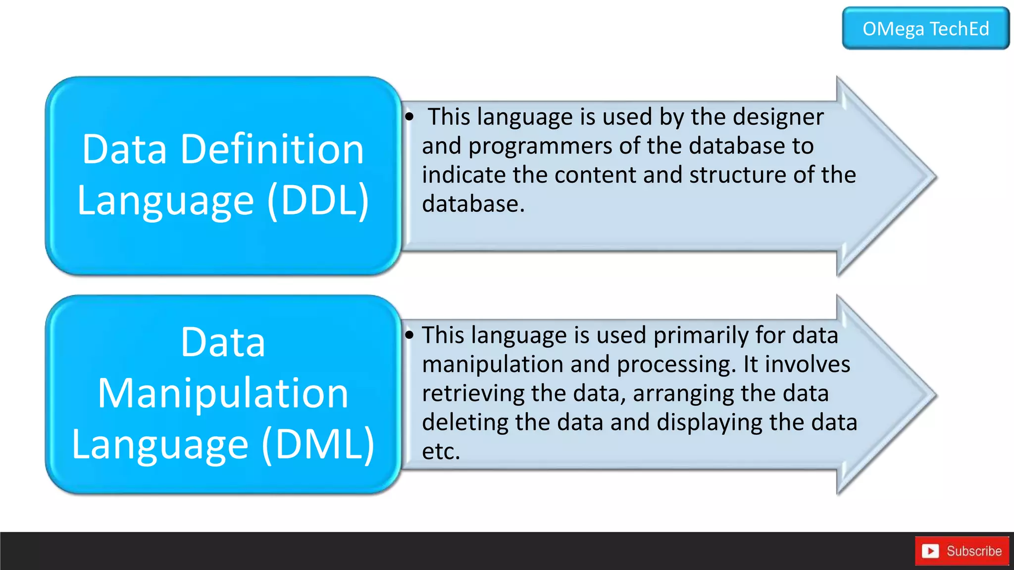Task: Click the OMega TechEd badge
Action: pyautogui.click(x=925, y=29)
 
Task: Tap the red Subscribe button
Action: pyautogui.click(x=962, y=551)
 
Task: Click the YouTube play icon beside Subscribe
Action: pyautogui.click(x=930, y=551)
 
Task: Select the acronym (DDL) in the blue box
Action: pyautogui.click(x=318, y=200)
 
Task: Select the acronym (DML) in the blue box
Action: pyautogui.click(x=318, y=444)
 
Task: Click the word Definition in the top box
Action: pyautogui.click(x=272, y=149)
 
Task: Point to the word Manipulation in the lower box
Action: pyautogui.click(x=223, y=393)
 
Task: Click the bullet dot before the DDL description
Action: pyautogui.click(x=409, y=117)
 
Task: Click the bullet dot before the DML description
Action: pyautogui.click(x=409, y=335)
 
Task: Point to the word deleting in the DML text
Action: pyautogui.click(x=464, y=423)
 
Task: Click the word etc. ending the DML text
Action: pyautogui.click(x=441, y=451)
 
